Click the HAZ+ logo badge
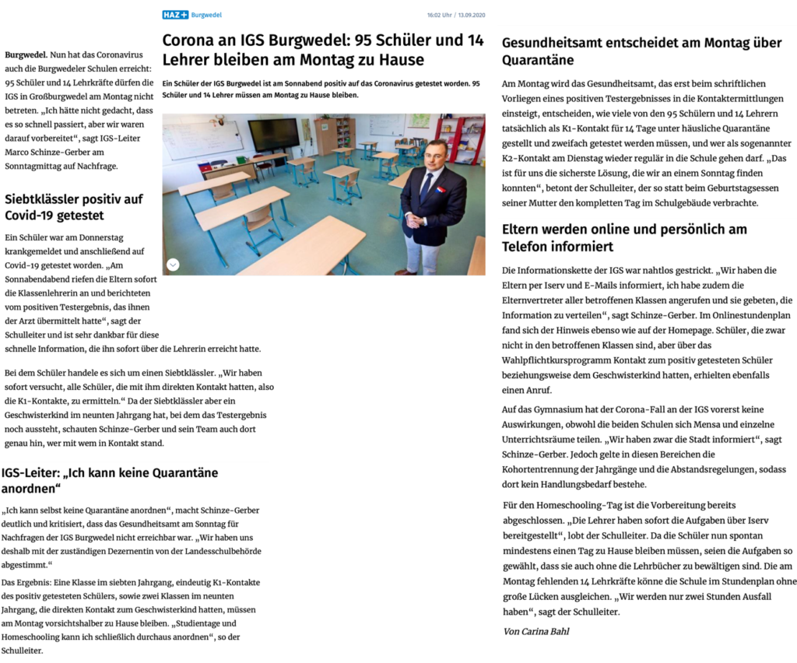pos(175,15)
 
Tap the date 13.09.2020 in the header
pos(469,15)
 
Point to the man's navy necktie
pos(425,187)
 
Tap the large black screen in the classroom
pos(273,135)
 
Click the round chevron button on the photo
pos(173,265)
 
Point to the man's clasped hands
pos(417,220)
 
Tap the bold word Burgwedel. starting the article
pos(26,55)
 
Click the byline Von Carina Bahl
pos(536,631)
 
